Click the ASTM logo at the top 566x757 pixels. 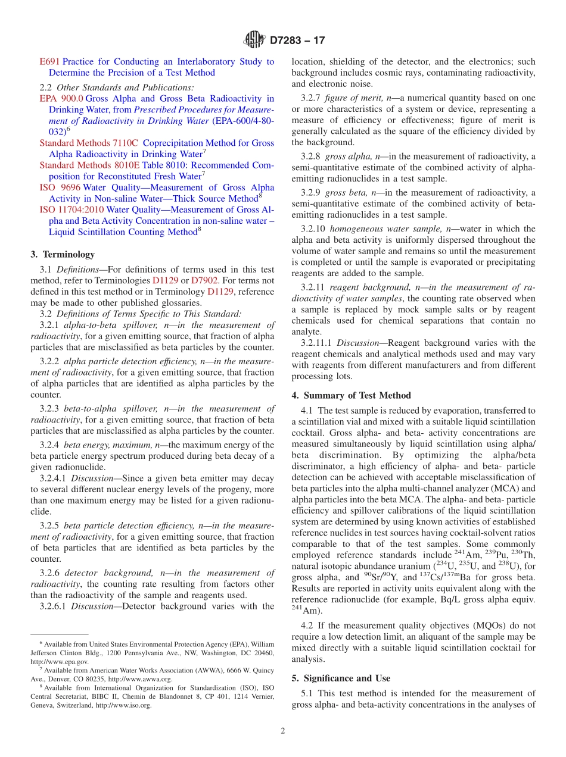point(254,40)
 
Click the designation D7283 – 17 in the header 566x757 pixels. point(297,41)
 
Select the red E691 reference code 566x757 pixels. point(49,61)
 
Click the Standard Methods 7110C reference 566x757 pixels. point(89,143)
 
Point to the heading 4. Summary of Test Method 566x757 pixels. point(351,395)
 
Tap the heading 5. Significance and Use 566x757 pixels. point(341,678)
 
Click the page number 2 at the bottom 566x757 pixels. point(283,731)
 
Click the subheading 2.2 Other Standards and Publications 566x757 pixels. point(113,87)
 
